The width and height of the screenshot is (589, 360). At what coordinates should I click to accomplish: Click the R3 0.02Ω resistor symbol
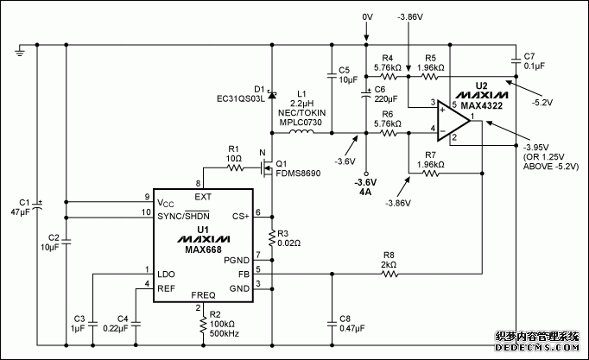coord(272,235)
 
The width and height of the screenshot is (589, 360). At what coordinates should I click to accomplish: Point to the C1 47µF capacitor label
coord(19,205)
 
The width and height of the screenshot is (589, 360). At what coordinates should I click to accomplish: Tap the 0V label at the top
coord(366,16)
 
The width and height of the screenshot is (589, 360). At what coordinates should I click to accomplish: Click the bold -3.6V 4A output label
coord(366,186)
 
